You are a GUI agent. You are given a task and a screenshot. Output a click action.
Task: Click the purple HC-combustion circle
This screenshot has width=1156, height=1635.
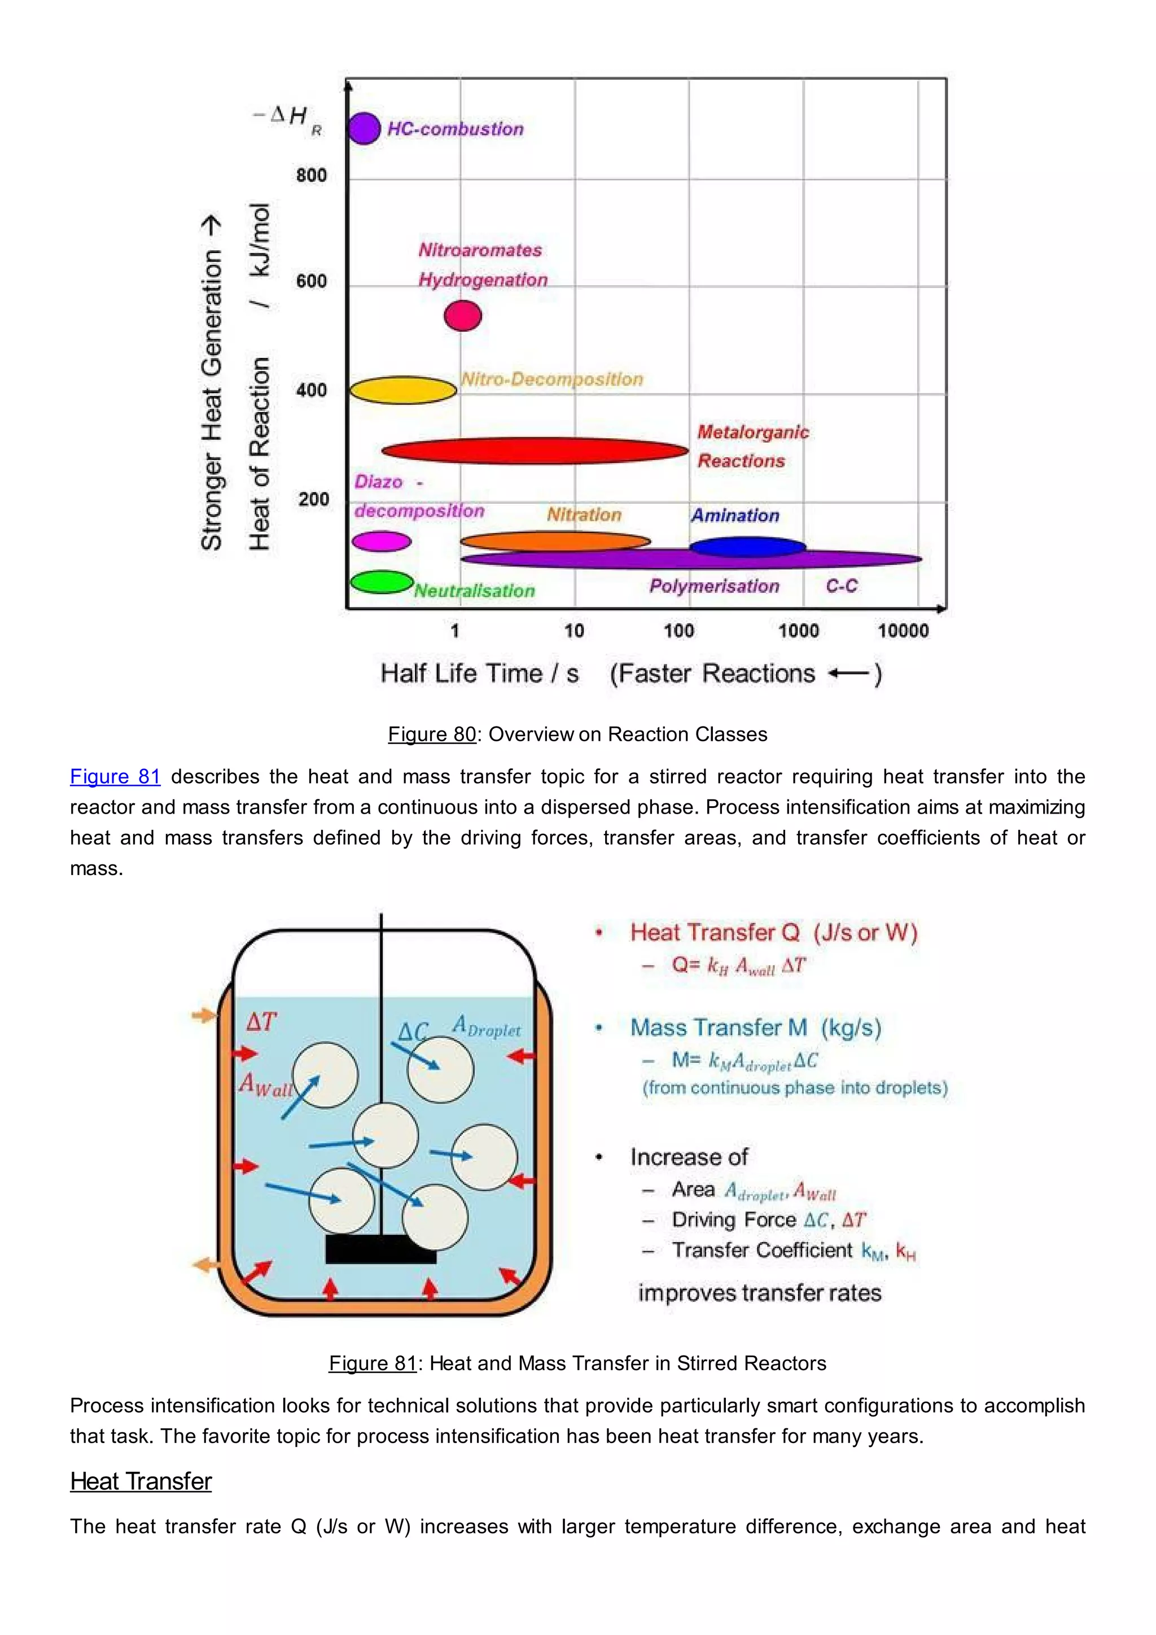364,129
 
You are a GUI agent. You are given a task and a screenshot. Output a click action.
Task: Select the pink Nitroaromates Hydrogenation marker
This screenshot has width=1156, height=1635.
463,316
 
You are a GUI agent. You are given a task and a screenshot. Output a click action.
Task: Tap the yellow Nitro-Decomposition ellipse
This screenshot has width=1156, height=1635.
403,390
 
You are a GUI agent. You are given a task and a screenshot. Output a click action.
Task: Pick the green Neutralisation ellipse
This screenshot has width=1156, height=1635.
382,582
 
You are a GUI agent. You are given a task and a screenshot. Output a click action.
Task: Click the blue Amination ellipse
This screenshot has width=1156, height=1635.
747,547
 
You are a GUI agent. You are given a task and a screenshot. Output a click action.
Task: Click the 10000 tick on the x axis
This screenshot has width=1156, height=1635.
903,630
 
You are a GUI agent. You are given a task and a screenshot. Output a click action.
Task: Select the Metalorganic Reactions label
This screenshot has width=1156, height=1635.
752,447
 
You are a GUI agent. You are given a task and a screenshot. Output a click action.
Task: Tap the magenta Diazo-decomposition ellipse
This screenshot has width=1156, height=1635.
382,542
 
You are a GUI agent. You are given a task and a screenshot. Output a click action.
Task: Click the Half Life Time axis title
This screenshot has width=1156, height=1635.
480,674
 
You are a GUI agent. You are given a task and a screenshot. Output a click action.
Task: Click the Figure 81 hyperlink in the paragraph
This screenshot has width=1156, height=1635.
115,776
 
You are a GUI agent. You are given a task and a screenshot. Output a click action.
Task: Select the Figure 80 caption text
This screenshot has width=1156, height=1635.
577,734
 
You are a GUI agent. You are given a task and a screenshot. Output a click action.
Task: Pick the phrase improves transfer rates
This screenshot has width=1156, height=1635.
760,1292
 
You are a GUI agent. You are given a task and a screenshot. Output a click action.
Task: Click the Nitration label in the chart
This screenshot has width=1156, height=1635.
584,515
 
